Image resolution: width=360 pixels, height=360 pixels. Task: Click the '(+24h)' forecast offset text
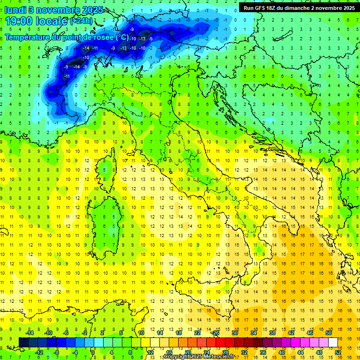[x=82, y=21]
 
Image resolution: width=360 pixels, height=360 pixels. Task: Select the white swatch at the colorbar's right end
[x=333, y=342]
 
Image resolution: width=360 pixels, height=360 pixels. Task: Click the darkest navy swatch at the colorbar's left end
[x=24, y=342]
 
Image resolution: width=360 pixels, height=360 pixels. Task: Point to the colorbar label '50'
[x=329, y=333]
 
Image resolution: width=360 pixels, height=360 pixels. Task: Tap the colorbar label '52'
[x=337, y=352]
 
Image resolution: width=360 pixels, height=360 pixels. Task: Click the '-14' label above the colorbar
[x=29, y=333]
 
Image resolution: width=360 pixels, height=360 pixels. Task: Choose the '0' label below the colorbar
[x=93, y=352]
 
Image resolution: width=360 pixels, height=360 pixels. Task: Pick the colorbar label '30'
[x=235, y=333]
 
